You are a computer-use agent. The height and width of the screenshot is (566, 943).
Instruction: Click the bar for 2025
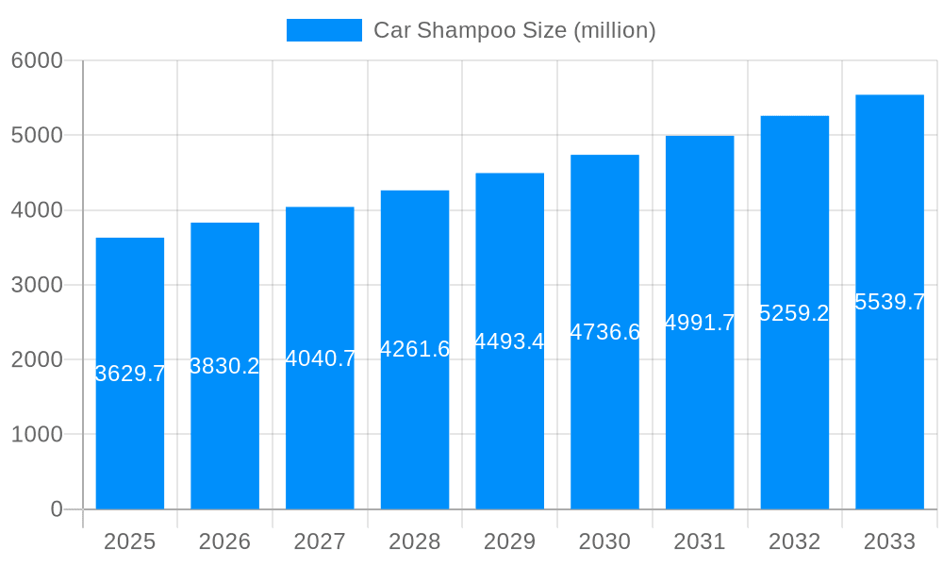[130, 424]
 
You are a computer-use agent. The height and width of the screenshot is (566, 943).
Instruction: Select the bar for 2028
[415, 424]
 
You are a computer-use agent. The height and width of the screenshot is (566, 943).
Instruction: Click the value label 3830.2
[224, 366]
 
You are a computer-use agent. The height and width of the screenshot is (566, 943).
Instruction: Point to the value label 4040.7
[321, 358]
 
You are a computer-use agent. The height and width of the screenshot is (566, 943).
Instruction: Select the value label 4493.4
[509, 341]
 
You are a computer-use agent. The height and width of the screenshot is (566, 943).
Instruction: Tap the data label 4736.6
[604, 332]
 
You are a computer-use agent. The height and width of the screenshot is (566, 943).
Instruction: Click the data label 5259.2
[794, 313]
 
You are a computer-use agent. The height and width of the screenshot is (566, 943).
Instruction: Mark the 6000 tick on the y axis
[37, 60]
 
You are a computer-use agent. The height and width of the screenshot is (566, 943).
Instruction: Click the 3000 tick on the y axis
[37, 285]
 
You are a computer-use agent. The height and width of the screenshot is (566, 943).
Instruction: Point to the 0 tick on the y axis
[56, 509]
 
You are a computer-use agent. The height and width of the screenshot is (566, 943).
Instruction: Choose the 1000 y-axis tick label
[37, 435]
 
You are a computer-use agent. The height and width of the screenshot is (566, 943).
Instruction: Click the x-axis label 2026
[224, 541]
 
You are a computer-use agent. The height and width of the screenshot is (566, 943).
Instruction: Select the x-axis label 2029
[509, 541]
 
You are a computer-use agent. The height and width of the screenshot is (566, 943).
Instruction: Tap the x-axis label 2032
[794, 541]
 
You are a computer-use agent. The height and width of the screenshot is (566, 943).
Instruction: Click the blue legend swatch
[324, 30]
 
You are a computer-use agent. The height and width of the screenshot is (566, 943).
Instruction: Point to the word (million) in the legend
[614, 30]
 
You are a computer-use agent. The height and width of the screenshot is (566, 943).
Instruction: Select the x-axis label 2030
[604, 541]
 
